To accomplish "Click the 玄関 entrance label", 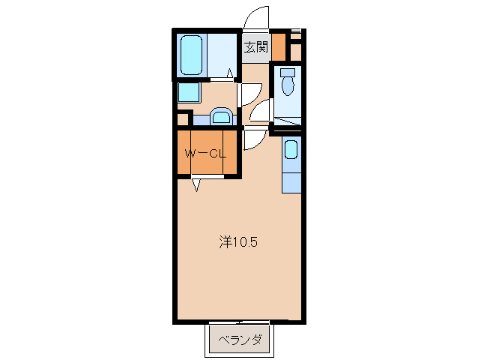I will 255,47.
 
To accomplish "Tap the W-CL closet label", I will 205,154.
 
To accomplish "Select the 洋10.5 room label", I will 238,242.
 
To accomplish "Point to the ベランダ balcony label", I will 240,340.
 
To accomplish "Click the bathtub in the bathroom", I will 192,53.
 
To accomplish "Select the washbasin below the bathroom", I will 220,116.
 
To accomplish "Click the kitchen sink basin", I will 291,149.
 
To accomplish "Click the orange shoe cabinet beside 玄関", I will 278,47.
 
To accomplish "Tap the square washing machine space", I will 189,93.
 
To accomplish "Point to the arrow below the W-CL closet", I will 196,184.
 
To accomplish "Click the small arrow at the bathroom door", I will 231,73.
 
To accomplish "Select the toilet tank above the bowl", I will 287,73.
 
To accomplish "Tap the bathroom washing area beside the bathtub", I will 223,53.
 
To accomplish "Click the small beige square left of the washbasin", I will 182,118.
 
